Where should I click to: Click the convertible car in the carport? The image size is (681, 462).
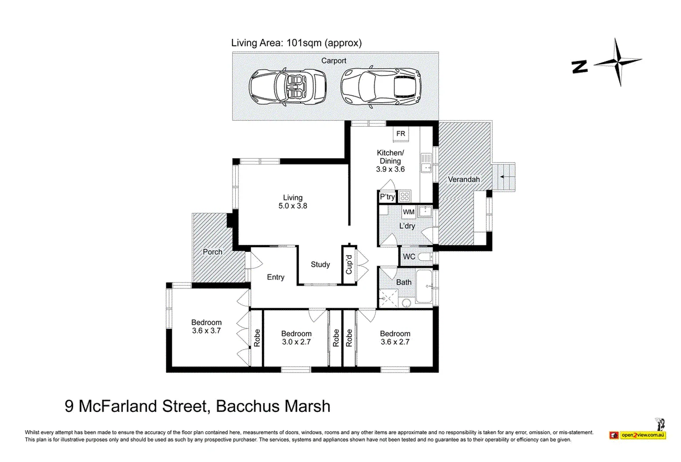pyautogui.click(x=288, y=86)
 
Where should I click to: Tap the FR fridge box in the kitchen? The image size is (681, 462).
pyautogui.click(x=401, y=134)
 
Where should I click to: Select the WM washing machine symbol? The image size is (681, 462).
pyautogui.click(x=409, y=212)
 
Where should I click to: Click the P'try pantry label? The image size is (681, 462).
pyautogui.click(x=387, y=196)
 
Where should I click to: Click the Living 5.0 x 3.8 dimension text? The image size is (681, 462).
pyautogui.click(x=293, y=206)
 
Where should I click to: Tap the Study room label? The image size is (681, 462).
pyautogui.click(x=320, y=265)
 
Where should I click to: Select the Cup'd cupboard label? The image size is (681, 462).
pyautogui.click(x=349, y=265)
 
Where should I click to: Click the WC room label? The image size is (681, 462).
pyautogui.click(x=409, y=257)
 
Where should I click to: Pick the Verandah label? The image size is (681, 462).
pyautogui.click(x=463, y=179)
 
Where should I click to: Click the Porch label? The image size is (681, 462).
pyautogui.click(x=212, y=252)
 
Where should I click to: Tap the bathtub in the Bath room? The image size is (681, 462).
pyautogui.click(x=424, y=286)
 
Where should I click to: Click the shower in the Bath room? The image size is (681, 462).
pyautogui.click(x=388, y=298)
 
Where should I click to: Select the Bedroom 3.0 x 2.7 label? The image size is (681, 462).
pyautogui.click(x=296, y=338)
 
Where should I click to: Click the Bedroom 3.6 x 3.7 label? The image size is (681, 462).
pyautogui.click(x=206, y=327)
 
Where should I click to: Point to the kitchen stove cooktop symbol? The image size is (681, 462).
pyautogui.click(x=404, y=196)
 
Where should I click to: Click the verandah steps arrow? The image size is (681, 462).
pyautogui.click(x=502, y=177)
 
